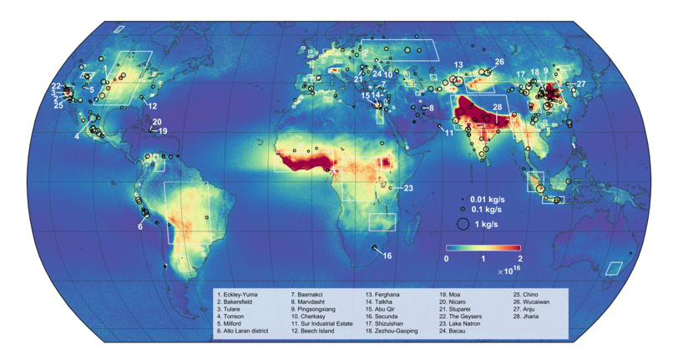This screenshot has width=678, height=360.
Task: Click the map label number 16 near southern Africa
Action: pyautogui.click(x=387, y=256)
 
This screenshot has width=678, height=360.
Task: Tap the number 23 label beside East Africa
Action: pyautogui.click(x=408, y=188)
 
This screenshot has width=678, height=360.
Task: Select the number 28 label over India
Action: pyautogui.click(x=497, y=108)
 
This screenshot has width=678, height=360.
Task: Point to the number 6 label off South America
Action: pyautogui.click(x=140, y=226)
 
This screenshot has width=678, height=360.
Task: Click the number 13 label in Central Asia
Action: pyautogui.click(x=458, y=65)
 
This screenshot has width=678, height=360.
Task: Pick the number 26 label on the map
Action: pyautogui.click(x=499, y=62)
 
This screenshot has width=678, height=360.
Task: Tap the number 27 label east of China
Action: pyautogui.click(x=581, y=84)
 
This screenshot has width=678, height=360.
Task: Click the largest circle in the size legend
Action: pyautogui.click(x=462, y=223)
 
